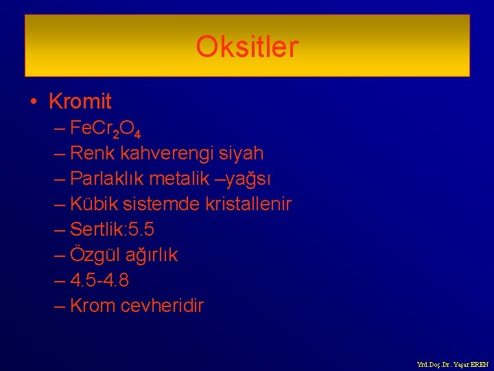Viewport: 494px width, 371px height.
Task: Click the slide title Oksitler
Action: coord(247,47)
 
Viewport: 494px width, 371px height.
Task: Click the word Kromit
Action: coord(80,102)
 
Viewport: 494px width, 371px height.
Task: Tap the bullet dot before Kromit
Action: coord(34,102)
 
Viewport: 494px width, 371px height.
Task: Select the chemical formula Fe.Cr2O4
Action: coord(106,128)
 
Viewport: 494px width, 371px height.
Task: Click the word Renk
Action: coord(92,153)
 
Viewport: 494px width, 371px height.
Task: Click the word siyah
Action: coord(239,153)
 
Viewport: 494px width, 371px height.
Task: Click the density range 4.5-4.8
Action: coord(99,280)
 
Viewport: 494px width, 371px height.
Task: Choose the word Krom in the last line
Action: coord(93,306)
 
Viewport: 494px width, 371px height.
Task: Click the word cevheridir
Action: coord(162,306)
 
